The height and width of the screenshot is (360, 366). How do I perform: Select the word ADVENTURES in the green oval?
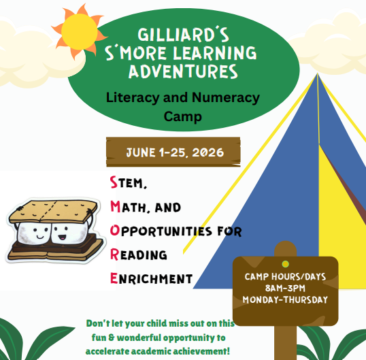[184, 70]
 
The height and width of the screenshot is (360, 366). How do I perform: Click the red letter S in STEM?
[114, 182]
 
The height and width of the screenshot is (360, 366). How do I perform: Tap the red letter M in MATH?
[115, 206]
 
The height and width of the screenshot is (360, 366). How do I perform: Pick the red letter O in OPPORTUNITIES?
[114, 230]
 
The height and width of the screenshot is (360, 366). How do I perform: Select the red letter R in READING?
[114, 254]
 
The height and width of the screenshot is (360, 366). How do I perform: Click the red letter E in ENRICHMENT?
[114, 278]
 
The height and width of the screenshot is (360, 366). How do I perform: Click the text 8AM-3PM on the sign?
[285, 288]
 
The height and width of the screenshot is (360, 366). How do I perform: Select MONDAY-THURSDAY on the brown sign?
[285, 299]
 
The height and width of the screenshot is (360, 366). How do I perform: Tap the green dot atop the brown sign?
[285, 263]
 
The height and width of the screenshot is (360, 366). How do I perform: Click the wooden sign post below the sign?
[285, 340]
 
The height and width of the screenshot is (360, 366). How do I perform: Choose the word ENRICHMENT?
[156, 278]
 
